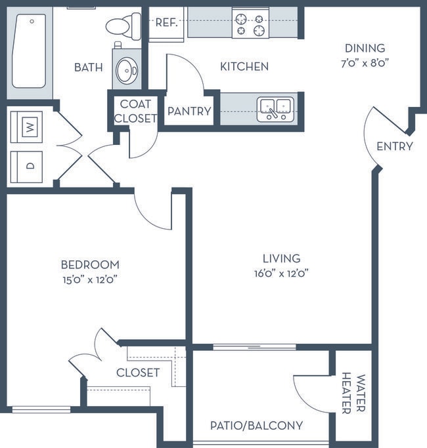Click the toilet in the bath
tap(124, 26)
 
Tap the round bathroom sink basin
tap(127, 70)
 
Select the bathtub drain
tap(32, 22)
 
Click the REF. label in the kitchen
tap(167, 22)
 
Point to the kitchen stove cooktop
tap(250, 23)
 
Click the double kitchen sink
tap(275, 110)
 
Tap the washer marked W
tap(27, 127)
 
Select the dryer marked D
tap(27, 167)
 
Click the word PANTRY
tap(189, 111)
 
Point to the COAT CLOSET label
tap(135, 111)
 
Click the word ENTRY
tap(395, 146)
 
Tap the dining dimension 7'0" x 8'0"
tap(365, 63)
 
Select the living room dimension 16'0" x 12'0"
tap(281, 274)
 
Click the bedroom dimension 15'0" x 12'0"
tap(90, 279)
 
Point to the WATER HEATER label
tap(353, 393)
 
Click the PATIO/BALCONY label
tap(256, 426)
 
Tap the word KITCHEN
tap(244, 66)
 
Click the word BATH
tap(89, 68)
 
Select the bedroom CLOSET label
tap(138, 373)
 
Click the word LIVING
tap(282, 258)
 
